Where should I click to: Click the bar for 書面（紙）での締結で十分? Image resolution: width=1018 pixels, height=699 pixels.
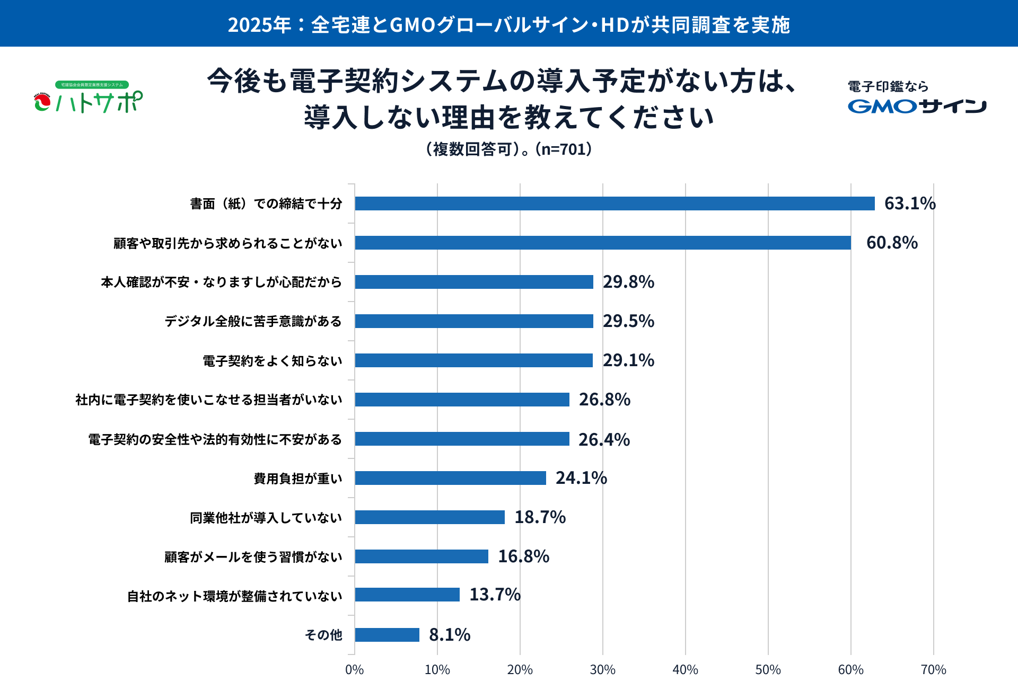tap(615, 203)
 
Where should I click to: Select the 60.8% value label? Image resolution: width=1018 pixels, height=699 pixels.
tap(892, 243)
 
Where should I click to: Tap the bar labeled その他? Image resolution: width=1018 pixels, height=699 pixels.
tap(387, 635)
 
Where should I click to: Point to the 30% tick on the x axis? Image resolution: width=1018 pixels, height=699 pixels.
tap(603, 670)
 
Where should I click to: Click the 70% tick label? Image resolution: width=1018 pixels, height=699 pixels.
tap(933, 670)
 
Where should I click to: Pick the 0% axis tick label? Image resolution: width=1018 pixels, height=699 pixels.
tap(354, 670)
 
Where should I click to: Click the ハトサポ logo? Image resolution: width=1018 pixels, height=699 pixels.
tap(89, 98)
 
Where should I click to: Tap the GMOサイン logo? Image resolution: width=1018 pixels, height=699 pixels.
tap(917, 106)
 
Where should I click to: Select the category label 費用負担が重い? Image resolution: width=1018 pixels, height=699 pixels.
tap(298, 479)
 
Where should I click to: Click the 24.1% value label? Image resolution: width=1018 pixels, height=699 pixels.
tap(581, 478)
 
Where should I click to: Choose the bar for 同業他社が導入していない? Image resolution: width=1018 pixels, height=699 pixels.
tap(430, 517)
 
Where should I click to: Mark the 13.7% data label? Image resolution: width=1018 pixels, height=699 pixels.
tap(495, 595)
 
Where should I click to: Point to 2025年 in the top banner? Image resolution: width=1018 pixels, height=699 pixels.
tap(259, 25)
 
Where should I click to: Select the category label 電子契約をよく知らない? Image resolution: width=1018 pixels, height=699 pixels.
tap(273, 361)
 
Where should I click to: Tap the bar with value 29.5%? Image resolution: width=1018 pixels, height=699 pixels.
tap(474, 321)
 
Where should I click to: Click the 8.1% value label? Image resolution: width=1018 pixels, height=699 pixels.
tap(450, 635)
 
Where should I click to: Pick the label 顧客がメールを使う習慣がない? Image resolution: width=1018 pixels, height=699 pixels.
tap(253, 557)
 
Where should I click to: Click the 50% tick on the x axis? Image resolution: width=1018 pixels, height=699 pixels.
tap(768, 670)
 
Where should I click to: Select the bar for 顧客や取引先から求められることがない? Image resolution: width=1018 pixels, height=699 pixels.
tap(603, 243)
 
